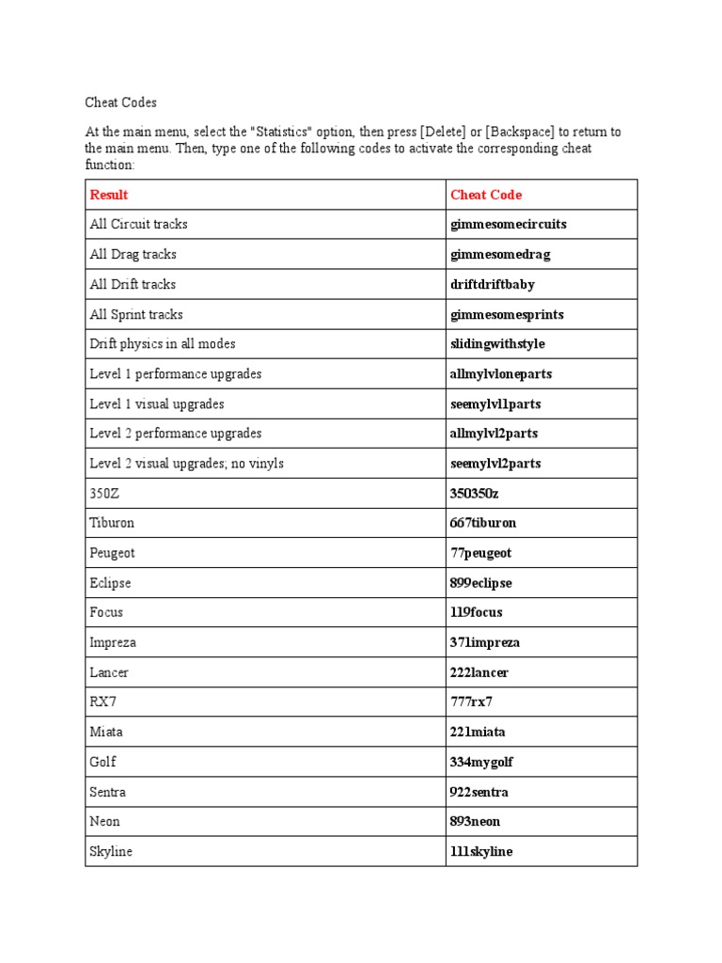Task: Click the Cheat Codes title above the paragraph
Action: point(123,103)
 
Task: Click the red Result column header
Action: point(109,195)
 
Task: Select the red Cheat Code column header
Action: point(486,195)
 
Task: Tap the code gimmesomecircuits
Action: point(509,225)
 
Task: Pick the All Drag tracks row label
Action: point(133,255)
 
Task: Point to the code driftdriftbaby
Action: point(493,284)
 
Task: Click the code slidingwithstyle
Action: point(497,344)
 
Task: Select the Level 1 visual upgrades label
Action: point(156,404)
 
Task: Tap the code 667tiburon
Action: point(483,523)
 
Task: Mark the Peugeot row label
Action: point(112,553)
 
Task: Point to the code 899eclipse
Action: point(480,583)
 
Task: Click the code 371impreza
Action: point(485,643)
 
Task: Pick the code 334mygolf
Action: point(481,762)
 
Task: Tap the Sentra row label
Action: point(108,792)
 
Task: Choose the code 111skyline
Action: point(481,852)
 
